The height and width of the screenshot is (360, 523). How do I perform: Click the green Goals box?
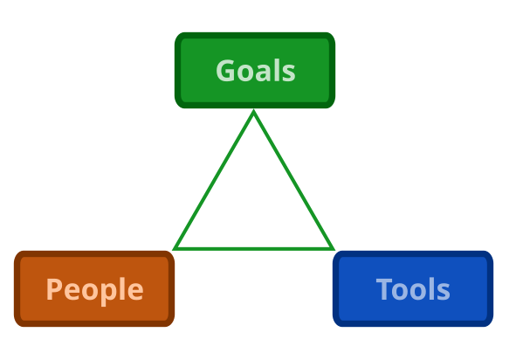(255, 71)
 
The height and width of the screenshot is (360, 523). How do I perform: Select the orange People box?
(94, 289)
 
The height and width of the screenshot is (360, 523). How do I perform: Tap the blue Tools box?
(413, 289)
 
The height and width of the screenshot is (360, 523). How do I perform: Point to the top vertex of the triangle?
(253, 110)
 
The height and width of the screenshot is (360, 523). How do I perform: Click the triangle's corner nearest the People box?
(174, 249)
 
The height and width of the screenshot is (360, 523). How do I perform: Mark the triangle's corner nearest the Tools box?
(334, 249)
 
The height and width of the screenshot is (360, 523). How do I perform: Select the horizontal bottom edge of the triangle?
(253, 248)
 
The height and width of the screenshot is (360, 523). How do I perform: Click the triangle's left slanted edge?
(213, 180)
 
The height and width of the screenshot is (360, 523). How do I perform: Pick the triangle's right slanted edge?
(293, 180)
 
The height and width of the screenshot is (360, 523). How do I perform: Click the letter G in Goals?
(225, 71)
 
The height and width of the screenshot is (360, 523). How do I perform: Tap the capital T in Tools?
(384, 289)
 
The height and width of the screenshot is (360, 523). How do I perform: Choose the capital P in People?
(53, 289)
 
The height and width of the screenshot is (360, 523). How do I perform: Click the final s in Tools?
(444, 292)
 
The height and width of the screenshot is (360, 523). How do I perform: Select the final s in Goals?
(289, 73)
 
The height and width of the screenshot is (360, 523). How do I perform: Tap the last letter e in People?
(135, 292)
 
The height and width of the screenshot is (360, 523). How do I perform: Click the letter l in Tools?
(431, 288)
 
